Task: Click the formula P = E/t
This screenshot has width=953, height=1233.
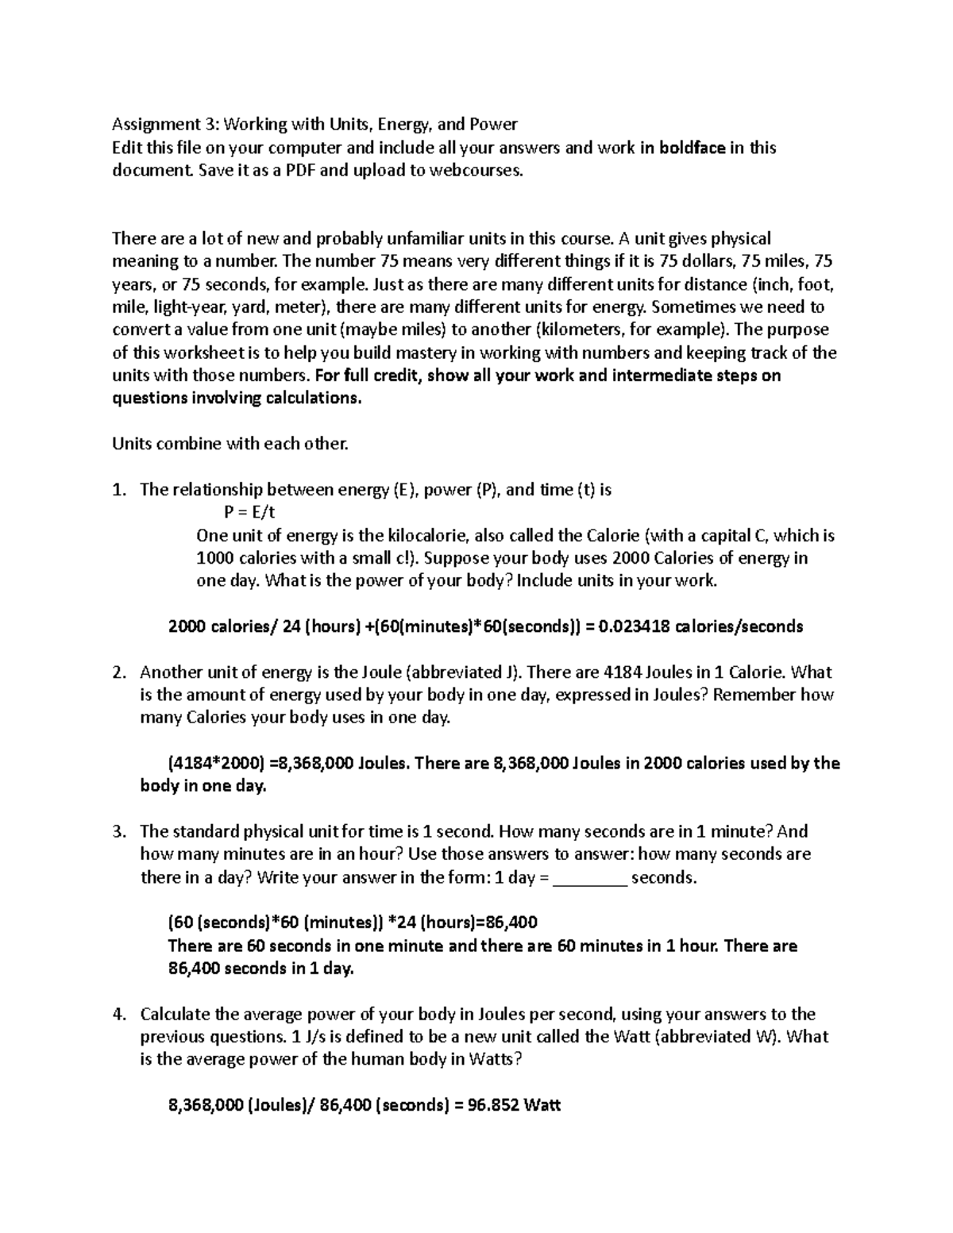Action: [x=250, y=513]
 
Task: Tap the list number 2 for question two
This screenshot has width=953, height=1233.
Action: [x=118, y=672]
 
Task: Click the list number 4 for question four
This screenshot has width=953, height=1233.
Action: [x=118, y=1015]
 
